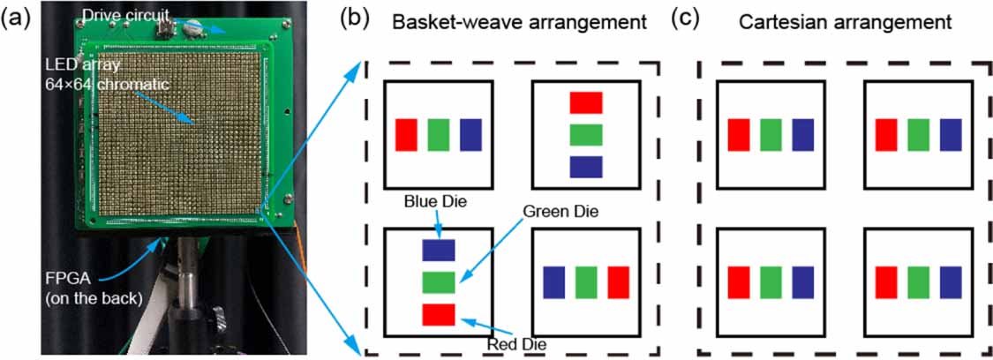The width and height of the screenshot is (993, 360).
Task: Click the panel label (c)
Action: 689,15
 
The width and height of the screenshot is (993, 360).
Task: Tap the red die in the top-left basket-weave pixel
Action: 406,134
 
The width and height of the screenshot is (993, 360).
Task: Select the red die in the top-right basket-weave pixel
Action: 585,102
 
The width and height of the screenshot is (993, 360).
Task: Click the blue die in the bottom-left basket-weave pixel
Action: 439,250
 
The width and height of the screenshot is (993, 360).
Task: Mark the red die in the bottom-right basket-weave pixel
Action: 618,282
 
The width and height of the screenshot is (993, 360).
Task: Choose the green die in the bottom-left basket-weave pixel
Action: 439,282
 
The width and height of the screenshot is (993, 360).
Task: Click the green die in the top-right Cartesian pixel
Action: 918,134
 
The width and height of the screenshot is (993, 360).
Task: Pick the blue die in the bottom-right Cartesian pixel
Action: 951,282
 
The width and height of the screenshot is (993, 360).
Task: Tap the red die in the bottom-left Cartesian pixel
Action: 739,282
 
